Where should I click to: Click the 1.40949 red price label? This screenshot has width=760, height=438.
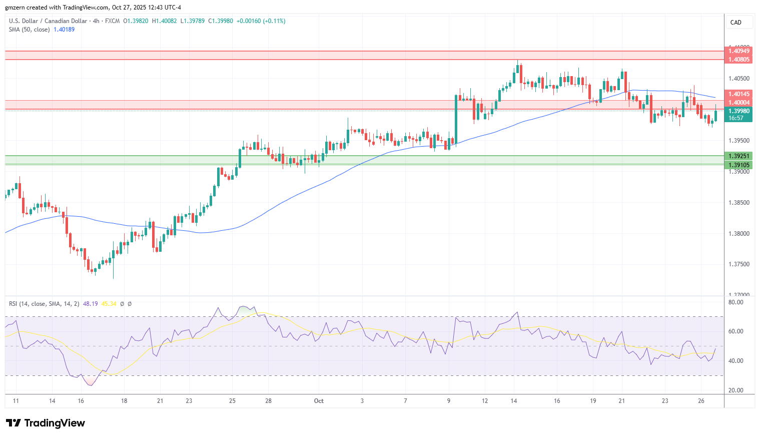click(738, 51)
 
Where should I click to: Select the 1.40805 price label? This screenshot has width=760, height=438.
click(738, 60)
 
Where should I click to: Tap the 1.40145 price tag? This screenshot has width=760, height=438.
click(738, 94)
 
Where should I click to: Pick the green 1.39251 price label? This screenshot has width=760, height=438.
click(738, 156)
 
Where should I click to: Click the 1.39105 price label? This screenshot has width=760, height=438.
click(738, 165)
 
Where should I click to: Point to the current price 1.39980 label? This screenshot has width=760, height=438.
click(738, 111)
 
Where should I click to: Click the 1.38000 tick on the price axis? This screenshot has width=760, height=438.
click(738, 234)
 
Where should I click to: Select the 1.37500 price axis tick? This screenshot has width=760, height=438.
click(738, 264)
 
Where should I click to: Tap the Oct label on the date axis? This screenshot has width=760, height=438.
click(319, 401)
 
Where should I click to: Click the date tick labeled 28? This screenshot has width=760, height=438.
click(269, 401)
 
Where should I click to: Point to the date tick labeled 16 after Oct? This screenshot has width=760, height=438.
click(557, 401)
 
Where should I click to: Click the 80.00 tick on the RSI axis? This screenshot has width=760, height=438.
click(735, 302)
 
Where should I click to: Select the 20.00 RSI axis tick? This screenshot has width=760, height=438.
click(735, 390)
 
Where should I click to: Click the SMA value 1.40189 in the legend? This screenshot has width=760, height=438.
click(64, 30)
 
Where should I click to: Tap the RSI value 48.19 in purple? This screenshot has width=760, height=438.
click(90, 304)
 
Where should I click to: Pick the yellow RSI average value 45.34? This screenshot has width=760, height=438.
click(109, 304)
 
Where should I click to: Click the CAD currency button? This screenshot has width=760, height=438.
click(736, 23)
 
